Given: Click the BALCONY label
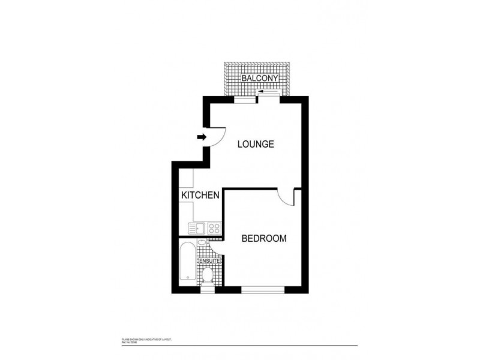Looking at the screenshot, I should point(260,79).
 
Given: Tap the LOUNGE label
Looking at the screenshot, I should point(256,144).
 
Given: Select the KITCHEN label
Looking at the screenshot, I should point(200,196).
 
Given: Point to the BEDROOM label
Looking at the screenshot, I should point(264,238).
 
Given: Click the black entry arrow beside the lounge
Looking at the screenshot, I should point(202,137).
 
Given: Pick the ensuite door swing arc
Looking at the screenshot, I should point(215,249).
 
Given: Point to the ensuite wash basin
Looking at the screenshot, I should point(203,242).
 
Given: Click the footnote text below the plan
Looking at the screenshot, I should point(146,340).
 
